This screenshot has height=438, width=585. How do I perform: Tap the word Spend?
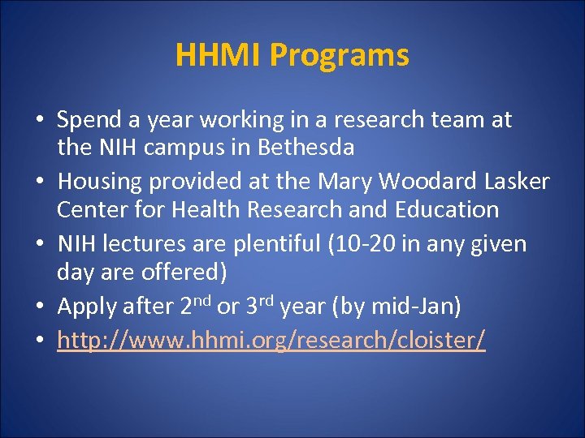[90, 121]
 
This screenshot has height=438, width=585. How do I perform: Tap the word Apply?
[87, 307]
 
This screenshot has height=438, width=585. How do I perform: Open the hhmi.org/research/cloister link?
[271, 341]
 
